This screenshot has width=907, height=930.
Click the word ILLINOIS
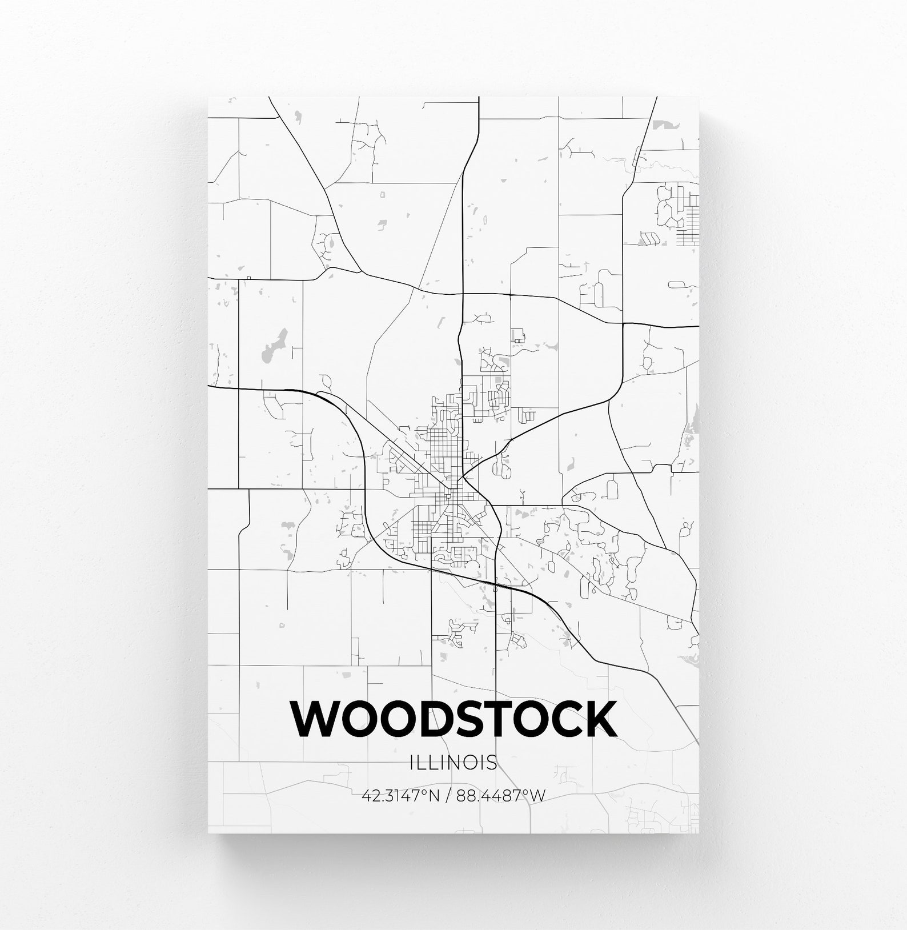pos(453,762)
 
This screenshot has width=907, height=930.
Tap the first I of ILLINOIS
pos(412,762)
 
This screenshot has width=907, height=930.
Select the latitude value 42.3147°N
pos(400,795)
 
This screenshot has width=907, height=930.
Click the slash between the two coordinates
pos(447,795)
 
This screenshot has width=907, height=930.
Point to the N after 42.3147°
pos(434,795)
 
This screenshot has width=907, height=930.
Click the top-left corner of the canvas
pos(208,98)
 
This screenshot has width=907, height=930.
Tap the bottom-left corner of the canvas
pos(208,832)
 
